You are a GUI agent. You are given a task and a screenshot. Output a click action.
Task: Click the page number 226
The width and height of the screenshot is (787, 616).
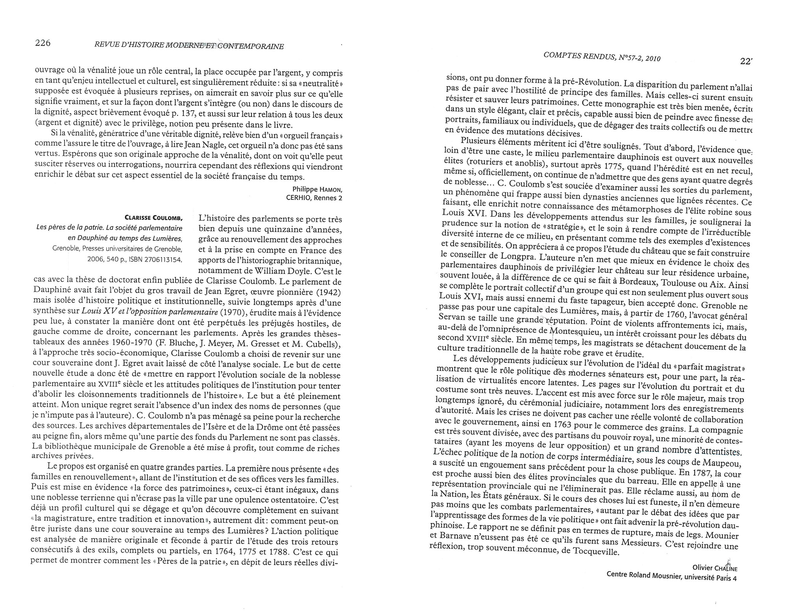(43, 43)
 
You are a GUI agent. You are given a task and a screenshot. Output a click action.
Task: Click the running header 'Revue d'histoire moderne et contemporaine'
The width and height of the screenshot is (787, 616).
(189, 46)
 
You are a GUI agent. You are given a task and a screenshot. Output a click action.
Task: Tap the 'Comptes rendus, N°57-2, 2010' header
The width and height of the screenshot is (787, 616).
(602, 57)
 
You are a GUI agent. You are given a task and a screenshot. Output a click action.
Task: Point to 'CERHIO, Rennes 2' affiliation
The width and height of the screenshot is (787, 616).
(314, 198)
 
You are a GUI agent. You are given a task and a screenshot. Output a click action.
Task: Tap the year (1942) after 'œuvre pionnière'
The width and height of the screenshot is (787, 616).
(328, 292)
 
